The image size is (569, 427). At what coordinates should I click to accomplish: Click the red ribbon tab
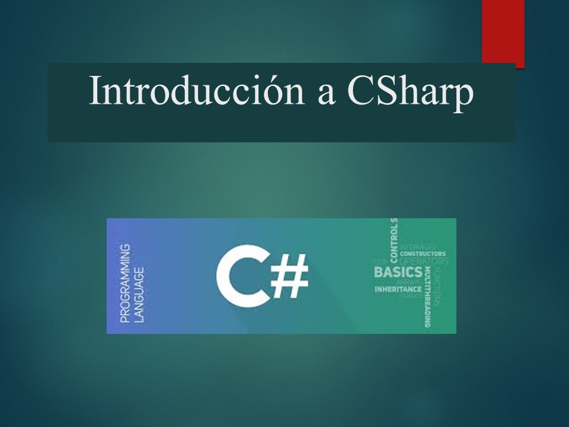[503, 32]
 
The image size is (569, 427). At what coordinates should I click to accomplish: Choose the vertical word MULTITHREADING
[427, 297]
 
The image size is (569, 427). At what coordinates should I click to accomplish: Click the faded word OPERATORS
[424, 261]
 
